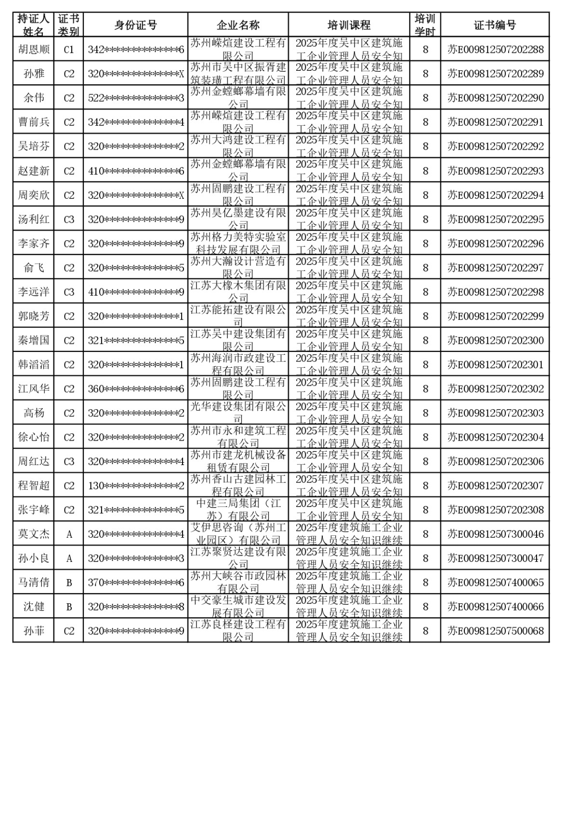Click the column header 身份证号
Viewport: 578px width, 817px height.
click(x=135, y=25)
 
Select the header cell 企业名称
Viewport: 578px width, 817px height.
click(x=238, y=25)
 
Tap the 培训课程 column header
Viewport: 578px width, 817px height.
click(x=349, y=25)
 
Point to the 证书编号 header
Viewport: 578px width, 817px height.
click(x=495, y=25)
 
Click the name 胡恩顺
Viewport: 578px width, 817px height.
click(x=34, y=50)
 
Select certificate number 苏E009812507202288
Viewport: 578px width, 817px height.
click(x=495, y=50)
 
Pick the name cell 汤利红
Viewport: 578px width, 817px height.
click(x=34, y=220)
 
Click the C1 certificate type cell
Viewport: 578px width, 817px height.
click(x=69, y=50)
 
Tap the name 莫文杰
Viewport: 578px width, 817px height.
click(x=34, y=534)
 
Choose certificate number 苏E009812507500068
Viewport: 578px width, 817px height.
click(x=495, y=631)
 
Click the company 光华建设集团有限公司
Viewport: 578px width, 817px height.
click(x=238, y=413)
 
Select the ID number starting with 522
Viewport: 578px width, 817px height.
click(x=135, y=98)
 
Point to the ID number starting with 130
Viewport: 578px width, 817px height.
click(x=135, y=486)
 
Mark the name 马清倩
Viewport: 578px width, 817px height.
click(x=34, y=583)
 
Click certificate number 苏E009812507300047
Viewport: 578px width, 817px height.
click(x=495, y=558)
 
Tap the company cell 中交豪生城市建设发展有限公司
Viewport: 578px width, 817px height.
click(x=238, y=607)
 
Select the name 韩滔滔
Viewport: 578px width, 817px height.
click(x=34, y=365)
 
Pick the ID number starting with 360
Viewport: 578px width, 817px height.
click(x=135, y=389)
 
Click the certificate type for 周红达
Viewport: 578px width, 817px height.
click(x=69, y=462)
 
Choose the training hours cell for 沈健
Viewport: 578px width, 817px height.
click(x=425, y=607)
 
